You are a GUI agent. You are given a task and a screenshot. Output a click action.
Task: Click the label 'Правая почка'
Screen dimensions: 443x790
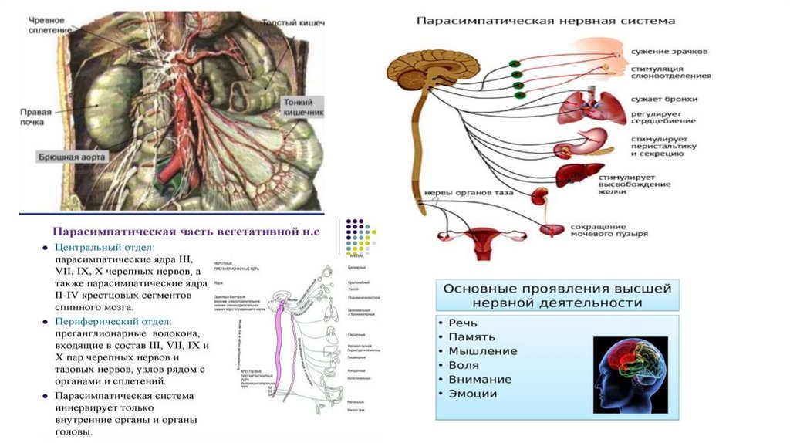pos(35,116)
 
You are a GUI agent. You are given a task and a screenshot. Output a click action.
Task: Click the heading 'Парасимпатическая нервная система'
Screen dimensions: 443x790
pos(545,22)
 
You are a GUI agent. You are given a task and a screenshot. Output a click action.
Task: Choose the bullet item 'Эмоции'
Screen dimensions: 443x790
pos(472,393)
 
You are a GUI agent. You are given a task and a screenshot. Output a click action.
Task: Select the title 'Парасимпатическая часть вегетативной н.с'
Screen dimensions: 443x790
pos(184,230)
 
